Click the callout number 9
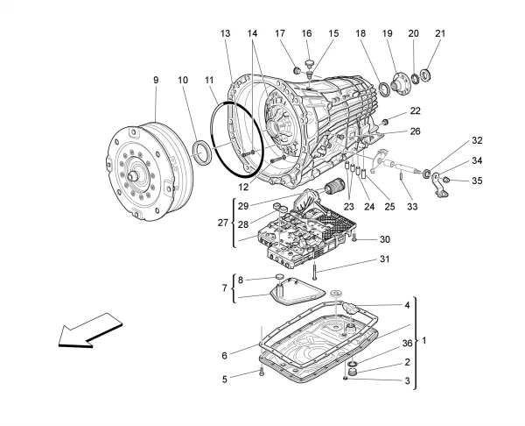point(156,81)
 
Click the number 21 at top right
point(439,33)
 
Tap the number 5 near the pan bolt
point(225,379)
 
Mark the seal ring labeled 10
point(200,150)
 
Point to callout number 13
point(226,33)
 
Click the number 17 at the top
point(282,33)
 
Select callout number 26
point(415,131)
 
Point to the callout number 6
point(225,355)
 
